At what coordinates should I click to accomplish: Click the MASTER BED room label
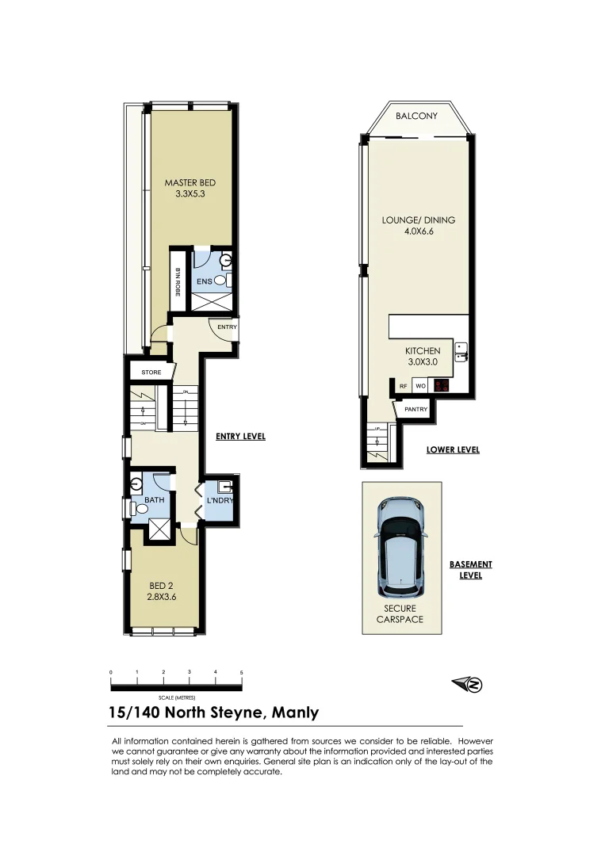coord(190,183)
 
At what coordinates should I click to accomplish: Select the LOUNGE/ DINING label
coord(419,220)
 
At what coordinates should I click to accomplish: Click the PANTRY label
coord(415,410)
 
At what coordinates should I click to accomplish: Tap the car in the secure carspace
coord(401,548)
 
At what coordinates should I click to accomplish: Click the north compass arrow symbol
coord(468,685)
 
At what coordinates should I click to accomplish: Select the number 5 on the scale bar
coord(241,672)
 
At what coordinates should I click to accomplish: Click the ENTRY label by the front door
coord(227,327)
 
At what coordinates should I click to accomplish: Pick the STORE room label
coord(151,373)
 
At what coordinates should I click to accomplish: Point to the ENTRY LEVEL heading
coord(240,437)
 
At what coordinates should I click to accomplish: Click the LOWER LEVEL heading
coord(453,449)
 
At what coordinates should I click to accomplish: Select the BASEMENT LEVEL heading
coord(471,570)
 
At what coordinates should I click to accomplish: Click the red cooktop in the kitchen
coord(442,387)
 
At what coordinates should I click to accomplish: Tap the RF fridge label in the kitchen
coord(404,387)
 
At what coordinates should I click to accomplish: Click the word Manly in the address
coord(295,712)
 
